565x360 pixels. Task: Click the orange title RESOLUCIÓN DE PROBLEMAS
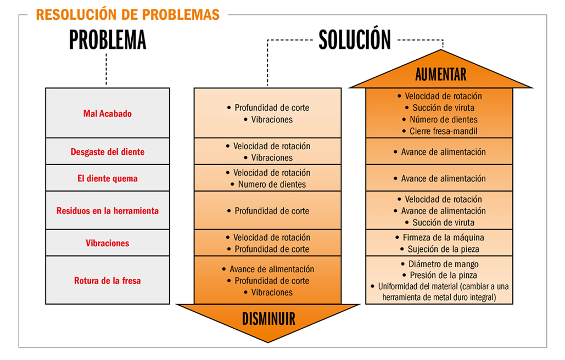128,15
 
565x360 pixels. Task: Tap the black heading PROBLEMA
108,40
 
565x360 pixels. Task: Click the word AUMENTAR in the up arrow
441,75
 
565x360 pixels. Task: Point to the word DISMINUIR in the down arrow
268,319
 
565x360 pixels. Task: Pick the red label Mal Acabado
108,114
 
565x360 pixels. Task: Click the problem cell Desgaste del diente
108,152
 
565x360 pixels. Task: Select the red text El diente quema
108,178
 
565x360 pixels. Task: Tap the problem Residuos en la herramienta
108,211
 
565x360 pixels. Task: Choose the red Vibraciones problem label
108,243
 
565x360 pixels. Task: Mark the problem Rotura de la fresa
108,281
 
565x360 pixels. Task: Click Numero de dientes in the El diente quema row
272,184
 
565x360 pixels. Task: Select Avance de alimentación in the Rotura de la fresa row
272,269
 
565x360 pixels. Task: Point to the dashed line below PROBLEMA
107,69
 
